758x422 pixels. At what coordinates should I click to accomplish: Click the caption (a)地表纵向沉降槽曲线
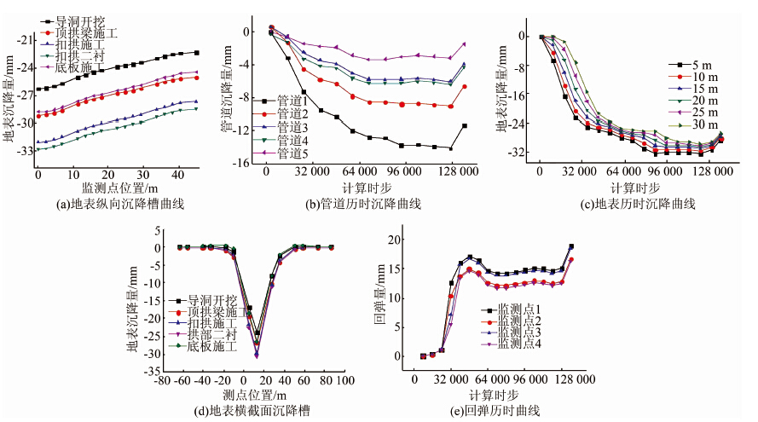click(116, 204)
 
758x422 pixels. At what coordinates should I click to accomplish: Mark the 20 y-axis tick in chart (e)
click(393, 240)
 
